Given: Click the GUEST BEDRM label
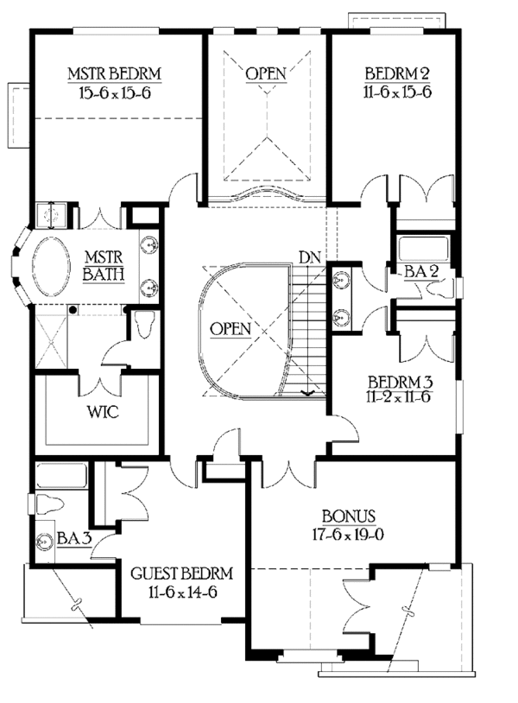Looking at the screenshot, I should (181, 573).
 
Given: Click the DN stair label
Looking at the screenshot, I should (309, 256).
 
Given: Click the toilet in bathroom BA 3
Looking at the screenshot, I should (49, 503).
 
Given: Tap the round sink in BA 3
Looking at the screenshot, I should (45, 542).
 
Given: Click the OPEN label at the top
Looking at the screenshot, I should (265, 73).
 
